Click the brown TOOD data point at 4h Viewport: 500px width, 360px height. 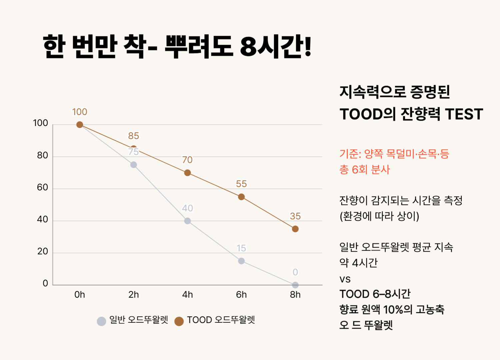point(187,173)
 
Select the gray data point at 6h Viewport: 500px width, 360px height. point(241,261)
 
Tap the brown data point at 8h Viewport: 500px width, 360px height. point(295,229)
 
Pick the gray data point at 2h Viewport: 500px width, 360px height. point(133,165)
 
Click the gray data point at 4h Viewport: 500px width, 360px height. point(187,221)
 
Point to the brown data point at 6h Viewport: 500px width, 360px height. point(241,197)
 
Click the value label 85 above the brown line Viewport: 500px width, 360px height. point(133,136)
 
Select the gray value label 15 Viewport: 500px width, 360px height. point(241,248)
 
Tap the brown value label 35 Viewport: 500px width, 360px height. point(295,216)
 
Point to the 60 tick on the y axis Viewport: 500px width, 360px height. point(43,188)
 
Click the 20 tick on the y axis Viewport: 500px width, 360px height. point(43,252)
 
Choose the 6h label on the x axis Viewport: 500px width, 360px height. point(241,295)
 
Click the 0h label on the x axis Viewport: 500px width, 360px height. point(80,295)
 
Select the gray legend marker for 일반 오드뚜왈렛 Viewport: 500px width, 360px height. point(101,321)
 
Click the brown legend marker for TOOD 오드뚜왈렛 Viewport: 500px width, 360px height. point(179,321)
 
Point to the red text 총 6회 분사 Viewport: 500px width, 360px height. point(364,170)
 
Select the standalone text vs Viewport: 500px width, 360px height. point(345,279)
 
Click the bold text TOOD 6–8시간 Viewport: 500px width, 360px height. point(375,294)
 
